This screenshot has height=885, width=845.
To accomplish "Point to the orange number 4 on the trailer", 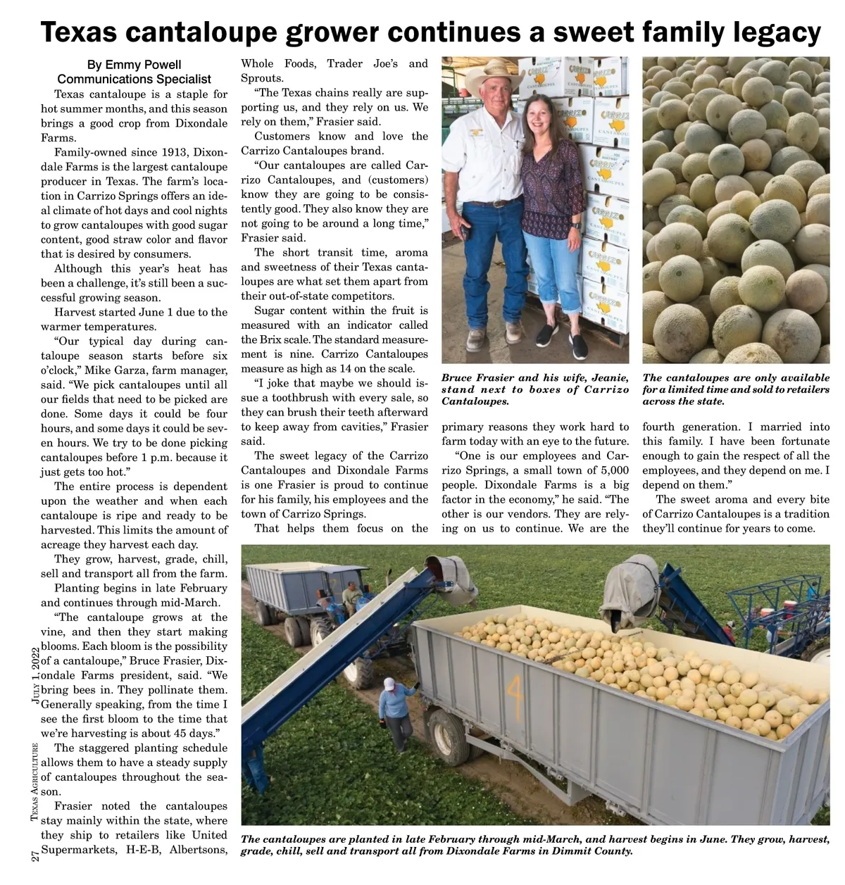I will pyautogui.click(x=515, y=693).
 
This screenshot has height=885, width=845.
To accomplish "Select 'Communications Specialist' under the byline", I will pyautogui.click(x=134, y=79).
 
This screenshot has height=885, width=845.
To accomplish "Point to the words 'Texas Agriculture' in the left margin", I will pyautogui.click(x=34, y=782).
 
